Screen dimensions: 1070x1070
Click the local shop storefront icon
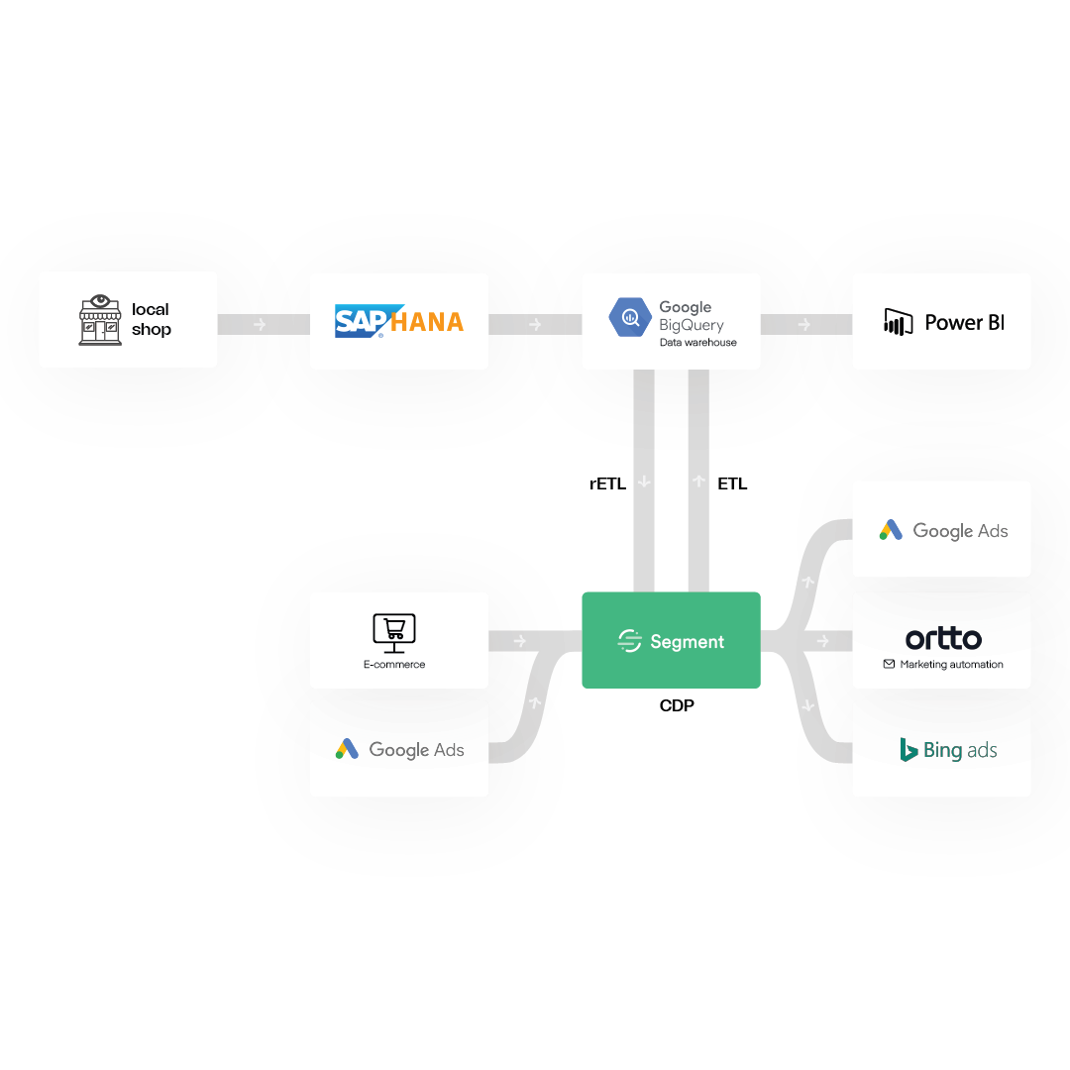[100, 319]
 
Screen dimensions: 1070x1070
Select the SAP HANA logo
[399, 321]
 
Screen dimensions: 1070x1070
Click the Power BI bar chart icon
[898, 322]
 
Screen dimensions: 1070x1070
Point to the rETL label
[607, 484]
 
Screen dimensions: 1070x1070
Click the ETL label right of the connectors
[732, 484]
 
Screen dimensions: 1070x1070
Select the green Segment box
[671, 641]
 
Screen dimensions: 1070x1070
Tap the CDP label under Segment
[676, 705]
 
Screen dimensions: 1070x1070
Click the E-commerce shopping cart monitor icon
[393, 631]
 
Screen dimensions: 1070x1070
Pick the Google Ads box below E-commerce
[399, 749]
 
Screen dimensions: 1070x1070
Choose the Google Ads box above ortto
[941, 530]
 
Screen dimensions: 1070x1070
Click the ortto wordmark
[943, 638]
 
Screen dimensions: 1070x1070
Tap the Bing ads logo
[947, 750]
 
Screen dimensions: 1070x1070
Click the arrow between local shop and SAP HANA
[260, 324]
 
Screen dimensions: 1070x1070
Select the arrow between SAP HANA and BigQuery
[535, 324]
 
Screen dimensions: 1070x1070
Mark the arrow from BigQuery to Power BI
[804, 324]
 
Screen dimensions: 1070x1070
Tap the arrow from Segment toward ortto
[823, 641]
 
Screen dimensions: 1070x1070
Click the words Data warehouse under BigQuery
[698, 343]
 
